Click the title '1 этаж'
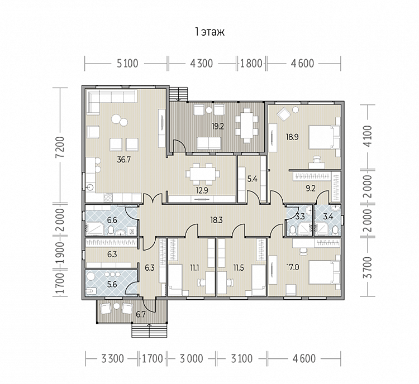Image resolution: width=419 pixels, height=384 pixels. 209,32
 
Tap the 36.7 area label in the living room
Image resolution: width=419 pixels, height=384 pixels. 123,160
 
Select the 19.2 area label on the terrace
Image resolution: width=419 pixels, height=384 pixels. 217,126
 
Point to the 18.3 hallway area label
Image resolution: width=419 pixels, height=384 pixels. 216,220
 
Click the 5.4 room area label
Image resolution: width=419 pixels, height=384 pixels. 252,179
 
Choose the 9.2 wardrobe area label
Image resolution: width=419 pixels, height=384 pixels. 311,189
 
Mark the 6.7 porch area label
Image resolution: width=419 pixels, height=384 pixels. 141,315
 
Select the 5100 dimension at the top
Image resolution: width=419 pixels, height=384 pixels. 127,64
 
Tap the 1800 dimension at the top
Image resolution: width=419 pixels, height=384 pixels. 251,64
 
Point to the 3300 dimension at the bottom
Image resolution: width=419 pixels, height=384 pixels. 112,359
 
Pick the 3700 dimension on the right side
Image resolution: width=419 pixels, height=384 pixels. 368,267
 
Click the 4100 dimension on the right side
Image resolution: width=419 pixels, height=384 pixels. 368,136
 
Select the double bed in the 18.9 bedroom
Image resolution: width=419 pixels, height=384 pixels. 325,137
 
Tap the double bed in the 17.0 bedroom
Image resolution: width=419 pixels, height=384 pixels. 325,272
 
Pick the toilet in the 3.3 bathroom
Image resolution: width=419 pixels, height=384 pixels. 293,230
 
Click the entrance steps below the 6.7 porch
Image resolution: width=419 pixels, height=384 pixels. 149,330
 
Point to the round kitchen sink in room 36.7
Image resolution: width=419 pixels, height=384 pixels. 91,187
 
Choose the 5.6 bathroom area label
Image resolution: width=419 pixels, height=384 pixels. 112,285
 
